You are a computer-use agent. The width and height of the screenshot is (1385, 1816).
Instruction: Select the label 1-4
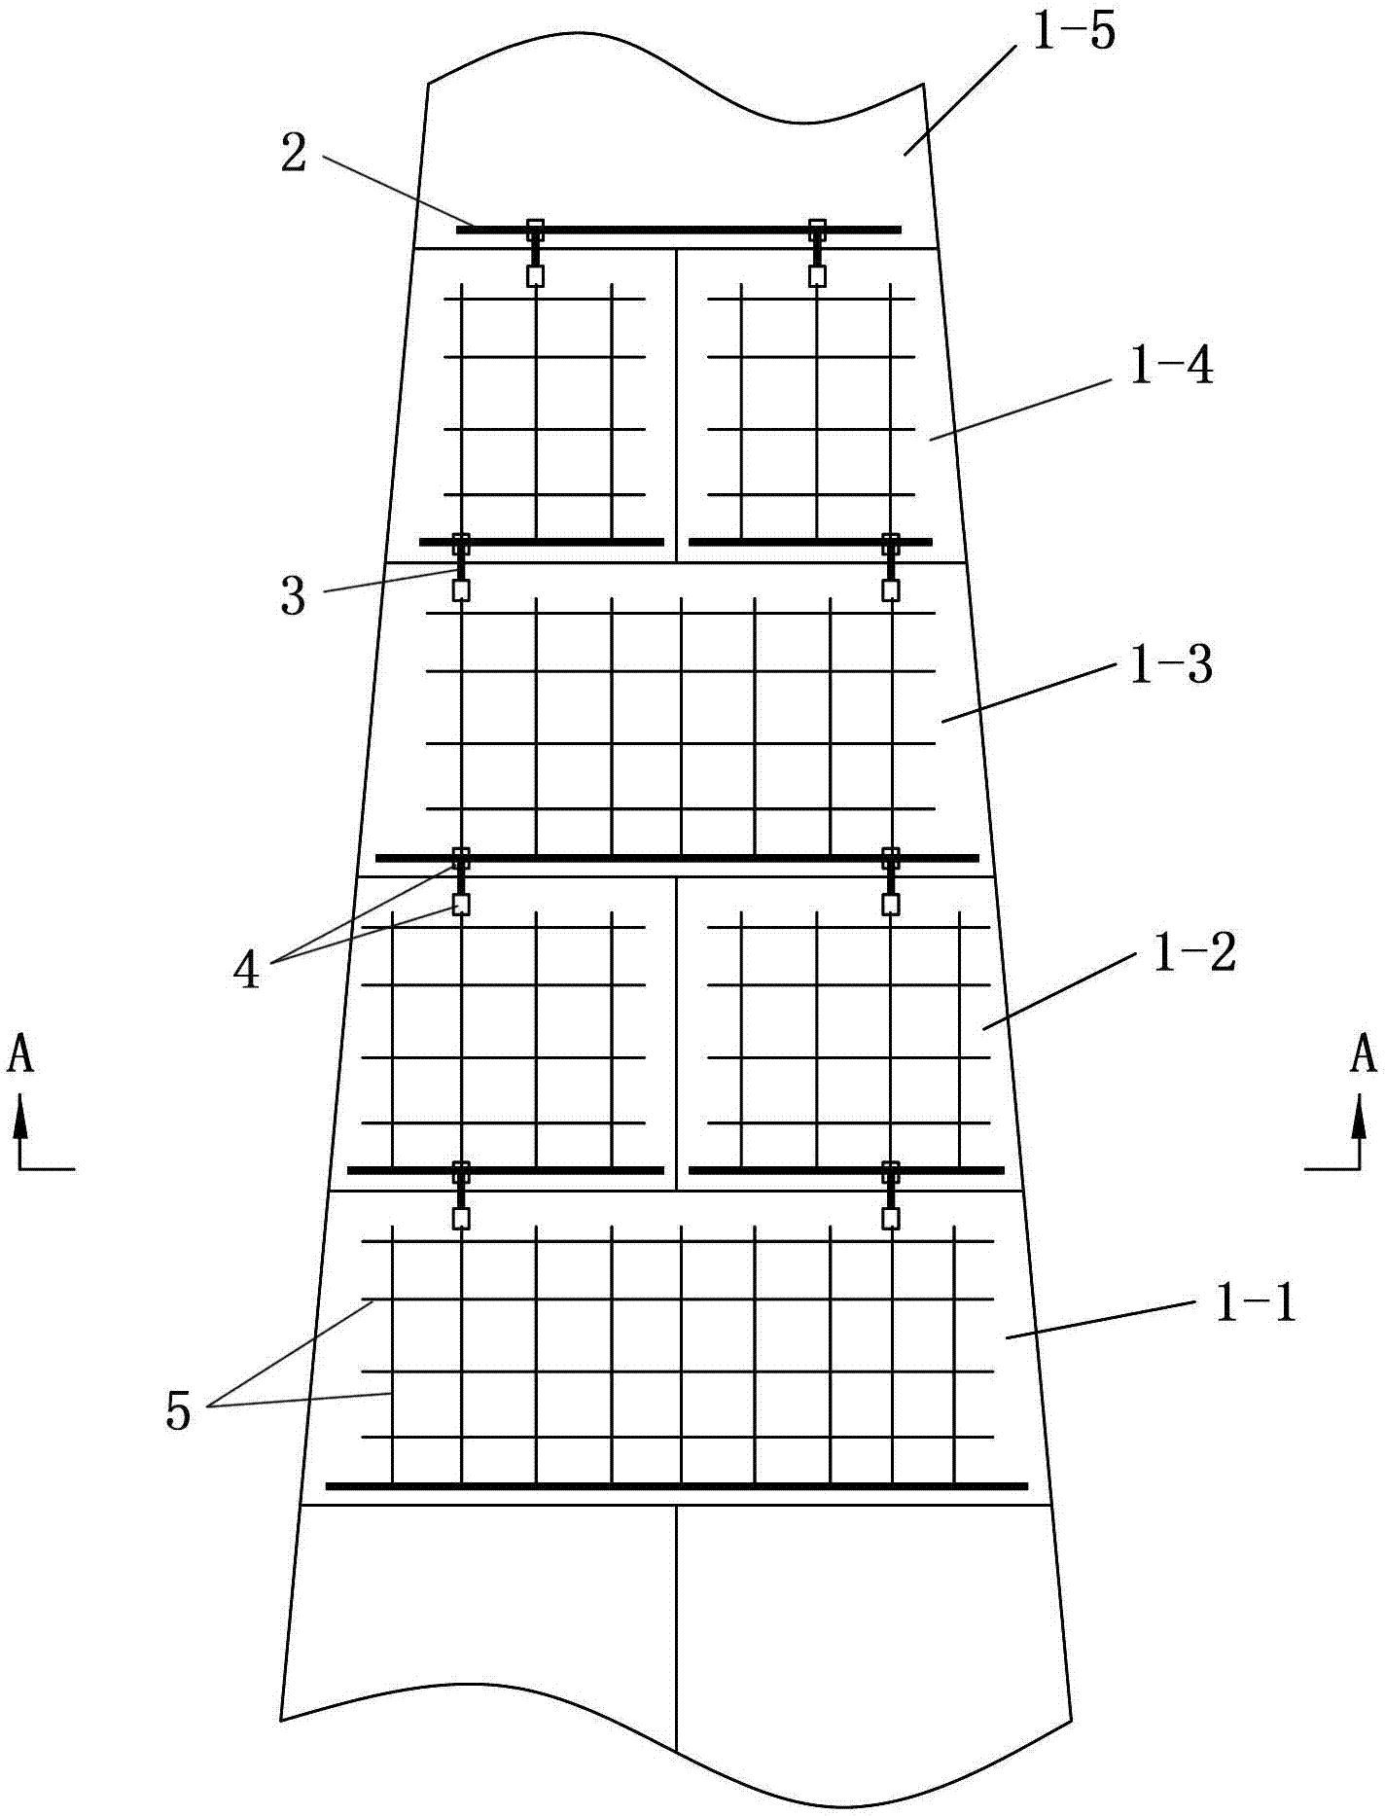[1171, 369]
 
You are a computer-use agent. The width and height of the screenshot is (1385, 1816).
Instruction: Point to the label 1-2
[1194, 952]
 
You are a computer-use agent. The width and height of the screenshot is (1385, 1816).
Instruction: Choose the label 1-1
[1256, 1300]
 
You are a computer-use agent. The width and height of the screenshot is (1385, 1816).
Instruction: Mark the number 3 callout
[293, 596]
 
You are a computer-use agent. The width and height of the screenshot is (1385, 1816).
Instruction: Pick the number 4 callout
[247, 970]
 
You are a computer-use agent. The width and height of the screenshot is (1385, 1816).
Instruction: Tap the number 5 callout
[178, 1411]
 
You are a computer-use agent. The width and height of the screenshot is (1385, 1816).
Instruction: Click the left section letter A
[20, 1055]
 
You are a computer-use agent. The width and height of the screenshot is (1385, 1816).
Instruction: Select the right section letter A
[1363, 1055]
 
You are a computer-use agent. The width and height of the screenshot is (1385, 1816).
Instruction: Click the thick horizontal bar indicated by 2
[678, 231]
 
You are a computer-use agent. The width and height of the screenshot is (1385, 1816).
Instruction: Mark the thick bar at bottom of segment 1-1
[677, 1486]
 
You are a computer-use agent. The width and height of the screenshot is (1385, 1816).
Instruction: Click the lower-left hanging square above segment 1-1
[461, 1219]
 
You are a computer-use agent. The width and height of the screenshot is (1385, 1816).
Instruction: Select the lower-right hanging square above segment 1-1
[890, 1219]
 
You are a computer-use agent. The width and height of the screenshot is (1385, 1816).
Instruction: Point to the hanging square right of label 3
[461, 590]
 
